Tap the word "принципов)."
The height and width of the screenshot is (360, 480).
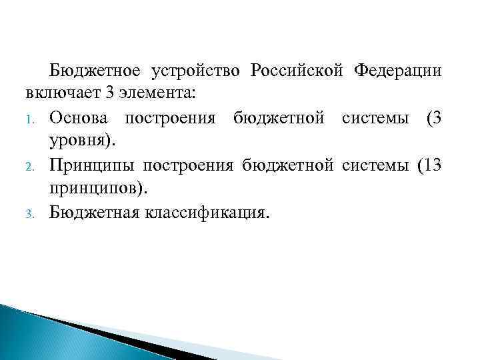coord(97,190)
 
